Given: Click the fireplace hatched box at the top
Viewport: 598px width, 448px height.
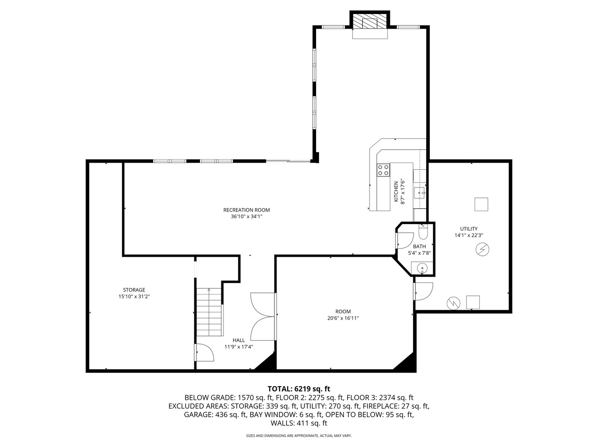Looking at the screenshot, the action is pyautogui.click(x=370, y=21).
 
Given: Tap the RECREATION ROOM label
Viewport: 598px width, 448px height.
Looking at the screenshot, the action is pyautogui.click(x=246, y=210).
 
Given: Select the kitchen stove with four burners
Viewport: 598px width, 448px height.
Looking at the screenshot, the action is pyautogui.click(x=383, y=170).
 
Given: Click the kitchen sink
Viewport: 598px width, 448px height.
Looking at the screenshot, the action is pyautogui.click(x=419, y=193).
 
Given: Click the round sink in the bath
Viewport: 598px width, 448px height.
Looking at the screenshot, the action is pyautogui.click(x=422, y=269).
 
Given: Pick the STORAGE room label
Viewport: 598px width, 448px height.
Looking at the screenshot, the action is pyautogui.click(x=134, y=290).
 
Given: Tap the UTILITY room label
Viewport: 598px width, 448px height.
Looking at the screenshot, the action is pyautogui.click(x=468, y=229).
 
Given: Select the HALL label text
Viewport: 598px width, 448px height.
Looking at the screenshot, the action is pyautogui.click(x=239, y=340).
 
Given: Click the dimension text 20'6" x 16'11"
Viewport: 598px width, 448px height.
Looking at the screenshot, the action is pyautogui.click(x=343, y=318).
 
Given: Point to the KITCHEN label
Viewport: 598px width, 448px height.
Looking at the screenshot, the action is pyautogui.click(x=396, y=192).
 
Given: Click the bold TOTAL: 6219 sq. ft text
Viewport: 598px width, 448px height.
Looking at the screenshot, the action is pyautogui.click(x=299, y=389).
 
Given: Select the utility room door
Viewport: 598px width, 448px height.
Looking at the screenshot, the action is pyautogui.click(x=423, y=291).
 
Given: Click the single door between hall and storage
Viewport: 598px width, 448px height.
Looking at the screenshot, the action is pyautogui.click(x=205, y=353).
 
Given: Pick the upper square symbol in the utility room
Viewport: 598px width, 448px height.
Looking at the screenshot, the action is pyautogui.click(x=481, y=204).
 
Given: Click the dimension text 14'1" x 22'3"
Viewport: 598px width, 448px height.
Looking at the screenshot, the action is pyautogui.click(x=468, y=235).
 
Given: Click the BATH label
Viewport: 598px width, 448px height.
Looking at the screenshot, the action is pyautogui.click(x=419, y=246).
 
